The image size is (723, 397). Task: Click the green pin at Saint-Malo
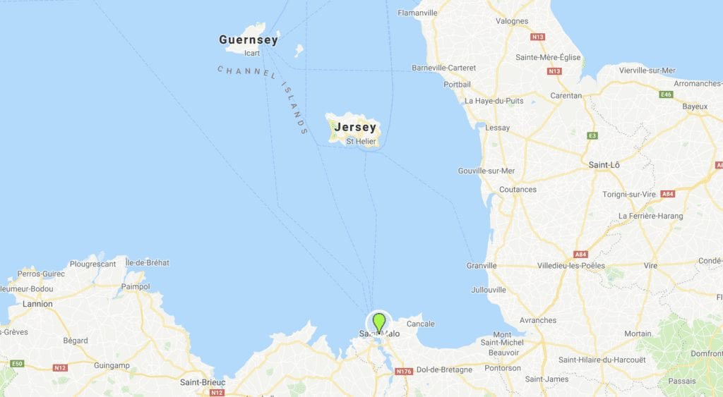click(379, 322)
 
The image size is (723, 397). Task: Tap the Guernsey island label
click(249, 40)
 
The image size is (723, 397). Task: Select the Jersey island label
click(356, 128)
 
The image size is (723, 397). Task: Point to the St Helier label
click(361, 142)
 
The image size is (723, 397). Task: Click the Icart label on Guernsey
click(251, 53)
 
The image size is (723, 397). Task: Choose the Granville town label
click(482, 266)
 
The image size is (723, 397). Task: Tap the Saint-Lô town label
click(604, 165)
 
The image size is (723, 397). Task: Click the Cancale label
click(421, 324)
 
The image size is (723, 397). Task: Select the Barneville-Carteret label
click(444, 68)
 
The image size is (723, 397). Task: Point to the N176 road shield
click(404, 372)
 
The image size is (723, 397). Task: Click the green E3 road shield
click(592, 135)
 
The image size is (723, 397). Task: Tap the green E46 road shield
click(666, 94)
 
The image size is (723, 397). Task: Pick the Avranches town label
click(537, 320)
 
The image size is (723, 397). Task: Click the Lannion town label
click(37, 304)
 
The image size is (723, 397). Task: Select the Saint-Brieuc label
click(203, 382)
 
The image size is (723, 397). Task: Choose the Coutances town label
click(518, 190)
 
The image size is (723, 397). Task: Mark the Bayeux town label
click(695, 106)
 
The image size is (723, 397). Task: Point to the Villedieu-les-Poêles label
click(571, 266)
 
